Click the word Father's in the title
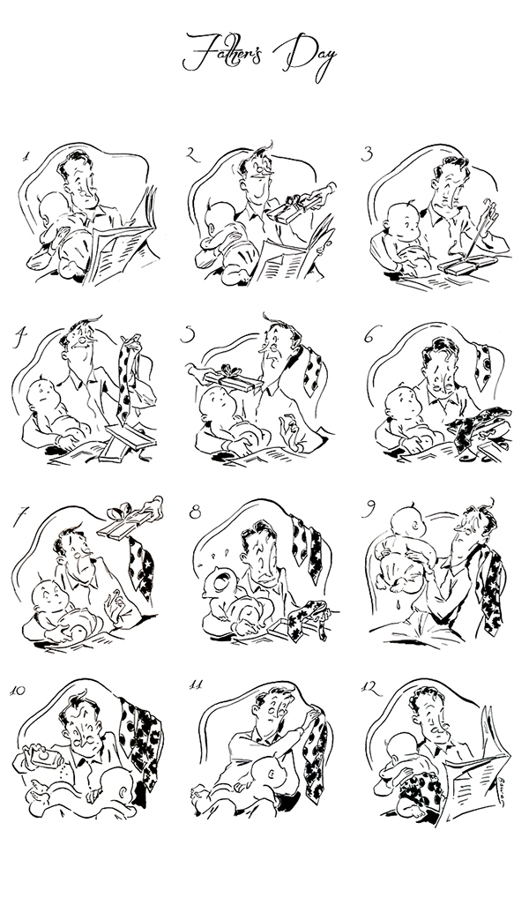pos(223,53)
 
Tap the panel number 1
pos(26,157)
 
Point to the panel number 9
pos(369,509)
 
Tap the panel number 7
pos(20,516)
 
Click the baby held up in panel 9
pos(404,549)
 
